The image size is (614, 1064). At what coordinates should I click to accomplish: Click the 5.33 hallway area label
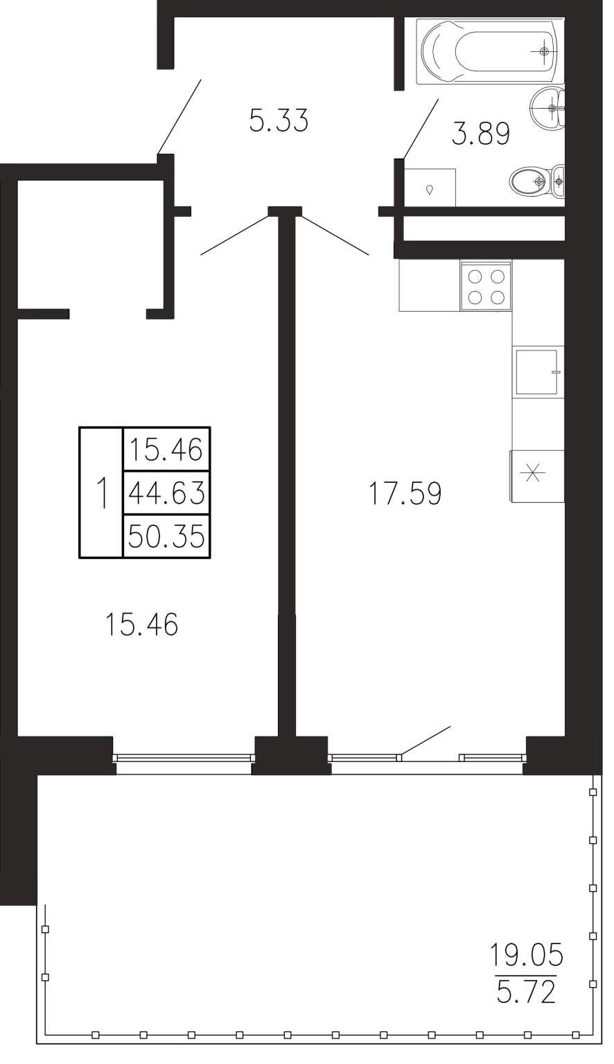pos(279,120)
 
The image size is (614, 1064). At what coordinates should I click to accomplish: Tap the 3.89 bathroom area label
pos(480,133)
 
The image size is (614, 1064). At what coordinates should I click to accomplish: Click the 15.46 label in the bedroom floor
pos(141,623)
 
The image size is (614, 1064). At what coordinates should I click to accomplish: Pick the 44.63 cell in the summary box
pos(166,492)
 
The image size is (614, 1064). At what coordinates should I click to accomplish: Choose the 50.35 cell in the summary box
pos(166,536)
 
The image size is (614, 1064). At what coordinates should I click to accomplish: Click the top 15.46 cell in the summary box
pos(166,449)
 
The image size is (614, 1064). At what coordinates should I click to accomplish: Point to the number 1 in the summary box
pos(101,493)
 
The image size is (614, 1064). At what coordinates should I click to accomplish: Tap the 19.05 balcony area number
pos(526,955)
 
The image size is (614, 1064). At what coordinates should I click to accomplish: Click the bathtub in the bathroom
pos(490,51)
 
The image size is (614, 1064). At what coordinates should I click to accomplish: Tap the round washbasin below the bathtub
pos(547,107)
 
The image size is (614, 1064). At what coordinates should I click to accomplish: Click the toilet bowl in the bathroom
pos(536,181)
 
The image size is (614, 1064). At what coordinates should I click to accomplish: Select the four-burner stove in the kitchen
pos(486,286)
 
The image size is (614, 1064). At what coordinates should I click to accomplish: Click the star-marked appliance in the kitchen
pos(537,475)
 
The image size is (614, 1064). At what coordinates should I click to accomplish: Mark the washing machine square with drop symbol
pos(430,188)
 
